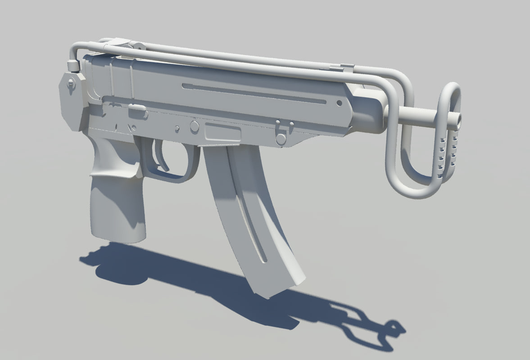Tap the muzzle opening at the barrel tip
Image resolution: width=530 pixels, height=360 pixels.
pos(459,119)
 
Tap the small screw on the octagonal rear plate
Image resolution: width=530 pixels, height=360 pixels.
pos(71,84)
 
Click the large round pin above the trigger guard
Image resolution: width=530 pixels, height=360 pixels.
pos(195,126)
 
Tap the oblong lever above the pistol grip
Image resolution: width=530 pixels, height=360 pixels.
pos(138,111)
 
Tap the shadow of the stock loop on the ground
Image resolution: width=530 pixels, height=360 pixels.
pos(374,328)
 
